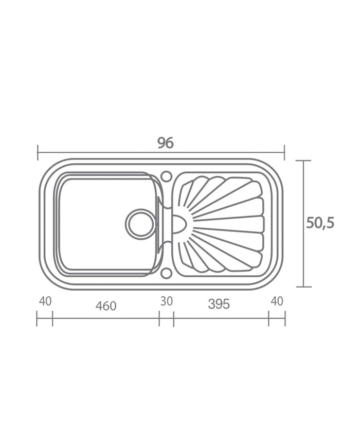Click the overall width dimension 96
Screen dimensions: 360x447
166,143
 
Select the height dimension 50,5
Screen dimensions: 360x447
320,223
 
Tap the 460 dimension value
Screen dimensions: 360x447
106,306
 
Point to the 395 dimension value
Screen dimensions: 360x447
219,304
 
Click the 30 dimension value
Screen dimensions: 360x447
167,301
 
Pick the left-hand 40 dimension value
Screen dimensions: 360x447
45,301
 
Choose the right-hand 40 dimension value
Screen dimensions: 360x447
277,301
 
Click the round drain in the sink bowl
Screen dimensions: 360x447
141,224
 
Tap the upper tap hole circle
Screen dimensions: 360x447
166,175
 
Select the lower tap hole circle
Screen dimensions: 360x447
166,273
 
